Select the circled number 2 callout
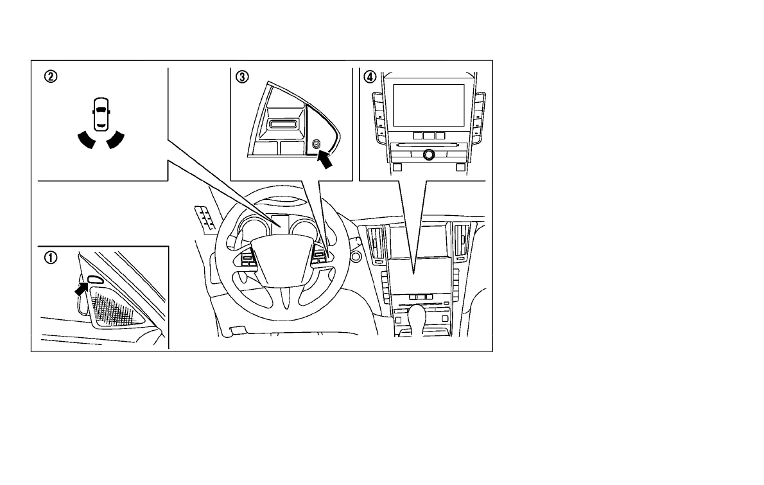(50, 76)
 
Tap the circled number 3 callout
(242, 76)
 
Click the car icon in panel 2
(99, 114)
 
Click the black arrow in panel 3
(326, 160)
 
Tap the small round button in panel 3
(316, 145)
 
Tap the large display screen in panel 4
(428, 105)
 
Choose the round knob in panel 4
(428, 154)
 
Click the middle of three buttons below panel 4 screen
(428, 136)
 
